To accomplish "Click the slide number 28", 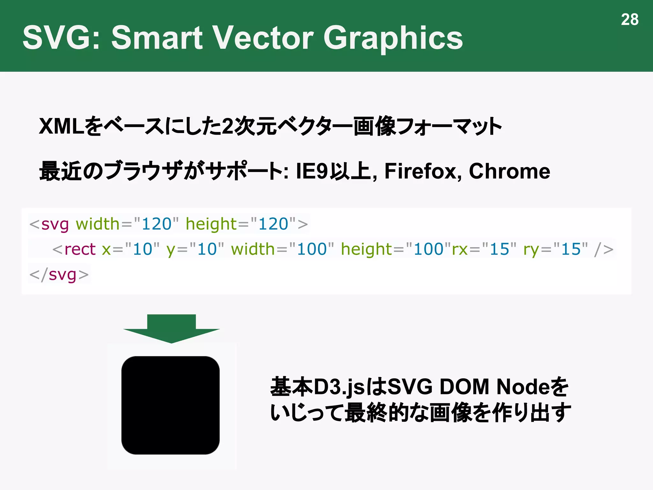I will coord(629,20).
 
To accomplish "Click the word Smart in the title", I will coord(157,38).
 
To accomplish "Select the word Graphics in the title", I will coord(393,38).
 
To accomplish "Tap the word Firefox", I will coord(422,171).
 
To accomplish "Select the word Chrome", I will coord(509,171).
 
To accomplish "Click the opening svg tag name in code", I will coord(55,224).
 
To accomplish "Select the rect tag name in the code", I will coord(80,249).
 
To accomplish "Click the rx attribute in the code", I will coord(460,249).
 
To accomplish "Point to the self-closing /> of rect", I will coord(603,249).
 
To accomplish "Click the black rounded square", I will coord(171,405).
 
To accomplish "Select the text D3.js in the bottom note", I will coord(339,387).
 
